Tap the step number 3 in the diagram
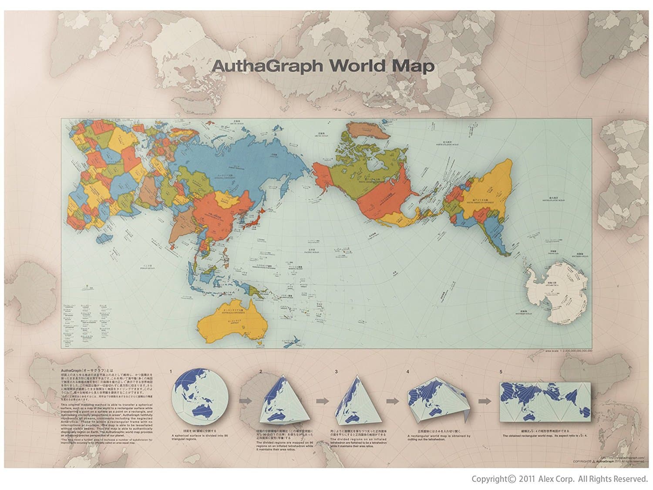click(336, 372)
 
